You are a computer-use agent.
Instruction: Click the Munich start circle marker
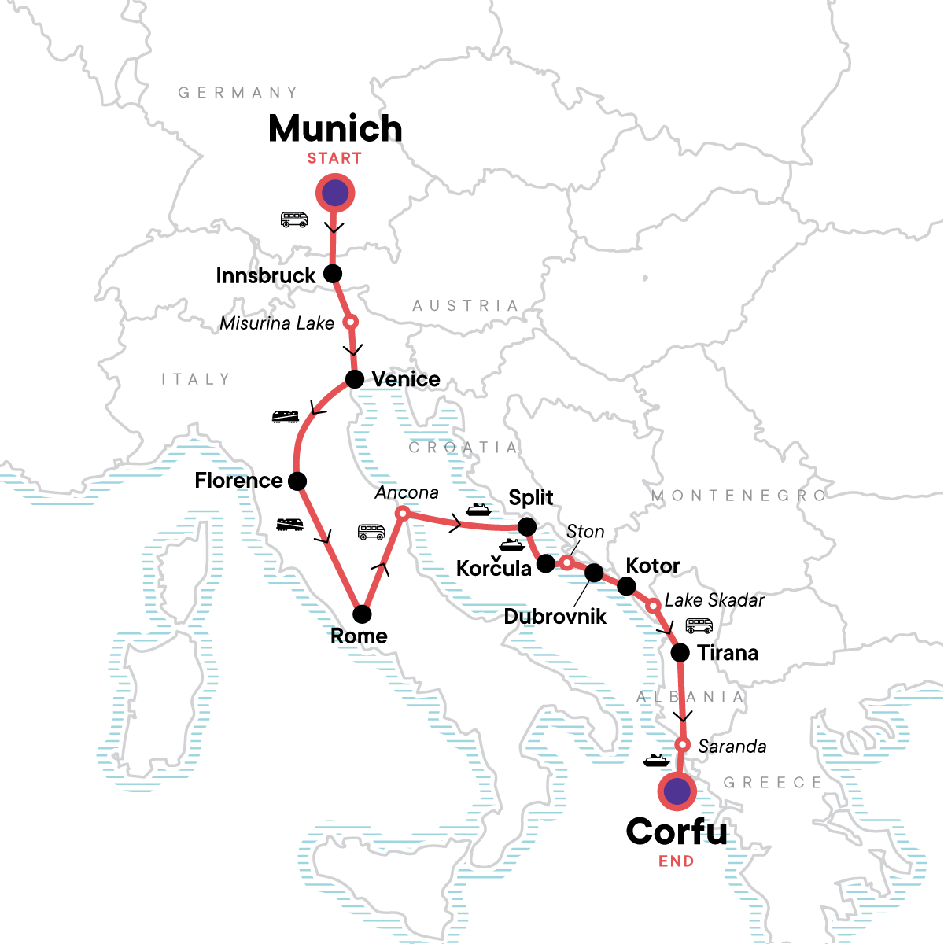pos(335,193)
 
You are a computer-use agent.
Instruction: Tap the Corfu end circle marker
pos(677,791)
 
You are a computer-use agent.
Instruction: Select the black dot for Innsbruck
pos(333,274)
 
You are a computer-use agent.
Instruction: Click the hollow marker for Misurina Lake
pos(351,322)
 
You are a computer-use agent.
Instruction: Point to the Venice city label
pos(405,379)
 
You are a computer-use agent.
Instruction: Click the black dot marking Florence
pos(297,481)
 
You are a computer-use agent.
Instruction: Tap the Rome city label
pos(359,636)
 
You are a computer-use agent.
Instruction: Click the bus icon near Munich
pos(294,219)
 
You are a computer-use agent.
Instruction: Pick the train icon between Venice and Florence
pos(285,416)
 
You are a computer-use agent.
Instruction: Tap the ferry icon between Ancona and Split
pos(478,510)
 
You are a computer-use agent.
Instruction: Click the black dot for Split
pos(526,526)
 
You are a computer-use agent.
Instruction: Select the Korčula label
pos(493,568)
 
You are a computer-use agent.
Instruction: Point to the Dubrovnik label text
pos(555,616)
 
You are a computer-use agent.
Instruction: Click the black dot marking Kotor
pos(626,586)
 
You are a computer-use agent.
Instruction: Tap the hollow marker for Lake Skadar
pos(652,606)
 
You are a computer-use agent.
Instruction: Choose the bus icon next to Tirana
pos(699,626)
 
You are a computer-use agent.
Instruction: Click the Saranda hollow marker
pos(683,745)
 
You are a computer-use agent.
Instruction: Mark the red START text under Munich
pos(334,158)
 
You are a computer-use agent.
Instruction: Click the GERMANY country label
pos(238,93)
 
